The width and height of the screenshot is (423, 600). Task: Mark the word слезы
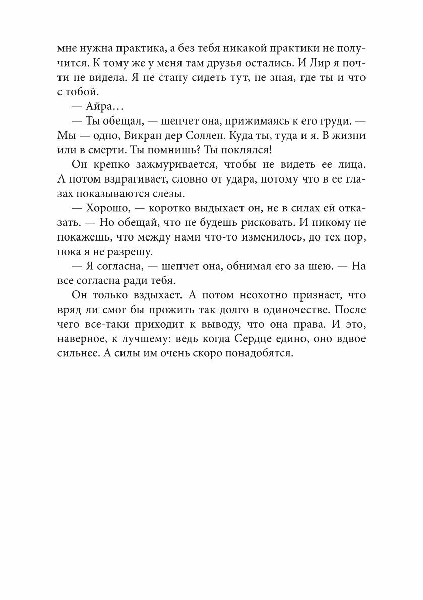tap(183, 193)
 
